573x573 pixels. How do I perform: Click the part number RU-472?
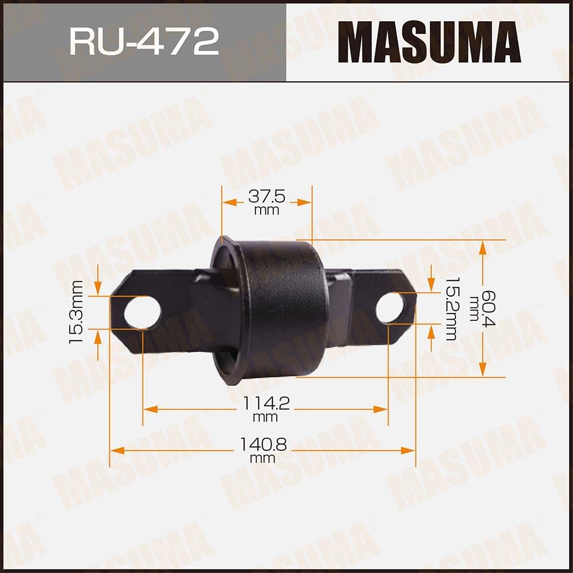(144, 42)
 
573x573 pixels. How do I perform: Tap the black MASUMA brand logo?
(429, 42)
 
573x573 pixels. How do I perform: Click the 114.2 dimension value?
(265, 404)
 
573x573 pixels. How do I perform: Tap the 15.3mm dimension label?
(76, 312)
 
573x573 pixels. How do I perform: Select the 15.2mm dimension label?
(450, 309)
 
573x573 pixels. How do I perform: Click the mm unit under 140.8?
(262, 458)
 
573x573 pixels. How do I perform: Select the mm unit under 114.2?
(265, 417)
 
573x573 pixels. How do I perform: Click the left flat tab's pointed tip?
(111, 295)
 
